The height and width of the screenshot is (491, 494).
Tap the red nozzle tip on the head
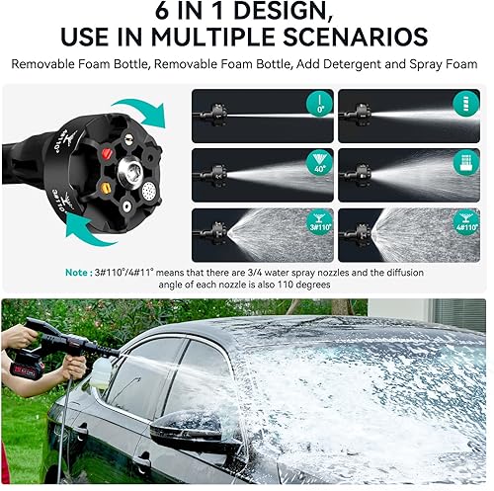(98, 156)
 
